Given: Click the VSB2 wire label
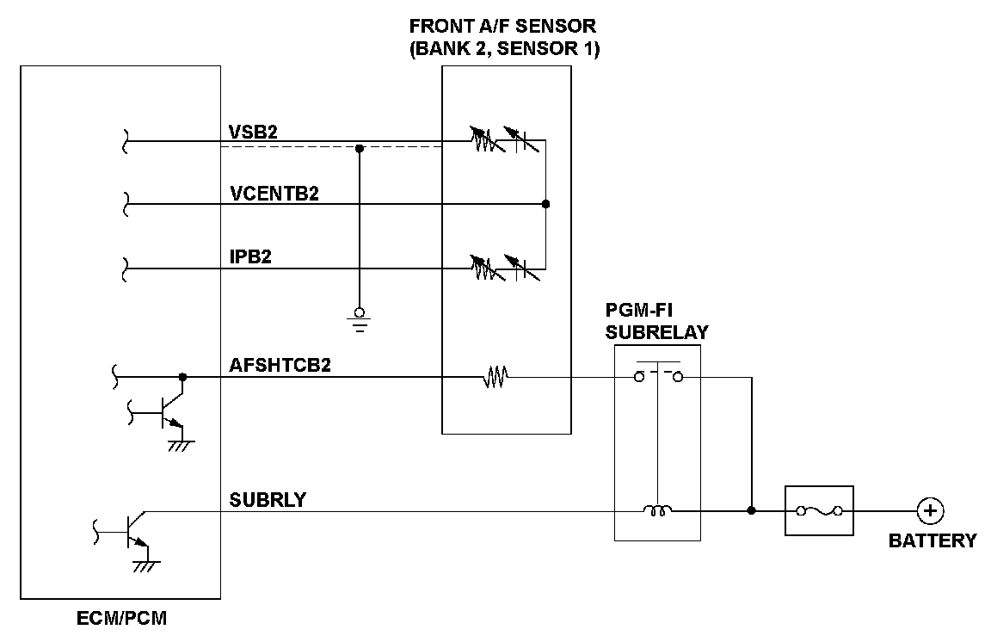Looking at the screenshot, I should [x=254, y=131].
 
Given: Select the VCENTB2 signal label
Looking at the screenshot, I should [x=274, y=194].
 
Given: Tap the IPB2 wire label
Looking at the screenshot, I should [x=250, y=257].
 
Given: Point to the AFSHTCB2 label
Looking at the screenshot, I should [x=280, y=365].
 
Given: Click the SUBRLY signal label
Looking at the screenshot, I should [x=268, y=499].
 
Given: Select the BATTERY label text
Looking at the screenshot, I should [x=933, y=541].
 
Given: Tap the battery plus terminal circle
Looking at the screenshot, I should [x=930, y=511].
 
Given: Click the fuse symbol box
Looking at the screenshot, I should [x=819, y=511].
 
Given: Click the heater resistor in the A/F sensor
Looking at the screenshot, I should [x=494, y=377].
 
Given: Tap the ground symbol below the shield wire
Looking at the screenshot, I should [x=360, y=320].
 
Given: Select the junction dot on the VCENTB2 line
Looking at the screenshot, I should [x=545, y=204].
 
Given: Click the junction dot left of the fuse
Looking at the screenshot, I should [x=752, y=510].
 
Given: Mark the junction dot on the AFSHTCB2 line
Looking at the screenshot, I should [x=182, y=377].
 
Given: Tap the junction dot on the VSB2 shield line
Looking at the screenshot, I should [x=360, y=148].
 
